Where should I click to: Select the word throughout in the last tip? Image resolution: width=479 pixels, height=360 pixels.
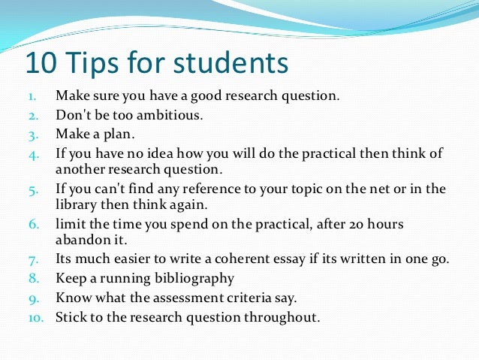tap(282, 316)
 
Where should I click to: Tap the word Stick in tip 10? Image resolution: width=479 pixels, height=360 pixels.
tap(71, 316)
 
